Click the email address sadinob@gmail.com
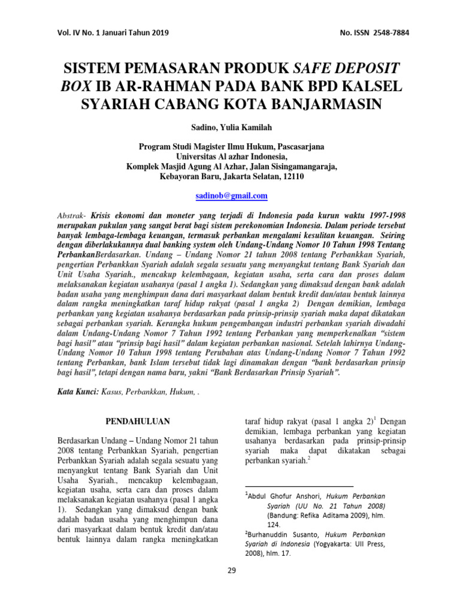pyautogui.click(x=232, y=196)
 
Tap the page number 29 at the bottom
pyautogui.click(x=232, y=570)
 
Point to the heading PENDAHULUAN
pyautogui.click(x=138, y=422)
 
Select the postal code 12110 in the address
pyautogui.click(x=291, y=177)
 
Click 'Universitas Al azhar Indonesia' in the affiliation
pyautogui.click(x=232, y=155)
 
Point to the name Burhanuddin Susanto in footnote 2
pyautogui.click(x=283, y=534)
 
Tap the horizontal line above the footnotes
pyautogui.click(x=299, y=486)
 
